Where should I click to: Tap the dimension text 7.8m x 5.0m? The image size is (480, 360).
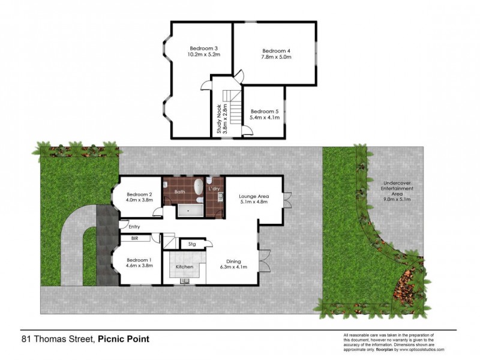coord(277,58)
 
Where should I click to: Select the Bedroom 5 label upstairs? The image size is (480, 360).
coord(265,111)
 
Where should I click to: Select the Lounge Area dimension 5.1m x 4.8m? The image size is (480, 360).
coord(253,202)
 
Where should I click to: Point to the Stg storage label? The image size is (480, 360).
coord(192,244)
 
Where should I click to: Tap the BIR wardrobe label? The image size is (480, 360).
coord(127,238)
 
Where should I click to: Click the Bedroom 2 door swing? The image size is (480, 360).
coord(157,211)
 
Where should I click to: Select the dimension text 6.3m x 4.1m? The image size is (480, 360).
coord(233,268)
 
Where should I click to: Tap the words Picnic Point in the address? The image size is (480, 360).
coord(124,339)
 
